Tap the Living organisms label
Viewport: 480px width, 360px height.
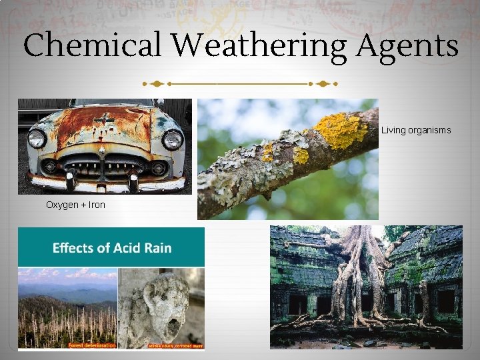coord(415,130)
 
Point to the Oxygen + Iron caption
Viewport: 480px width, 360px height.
coord(75,205)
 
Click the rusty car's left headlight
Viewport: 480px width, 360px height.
coord(37,139)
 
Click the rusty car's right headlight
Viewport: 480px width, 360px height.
coord(173,139)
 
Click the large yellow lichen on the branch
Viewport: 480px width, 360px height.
coord(341,129)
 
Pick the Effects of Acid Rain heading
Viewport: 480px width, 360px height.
coord(111,248)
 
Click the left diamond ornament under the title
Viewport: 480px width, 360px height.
coord(154,85)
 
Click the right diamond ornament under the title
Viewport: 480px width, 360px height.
coord(325,85)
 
